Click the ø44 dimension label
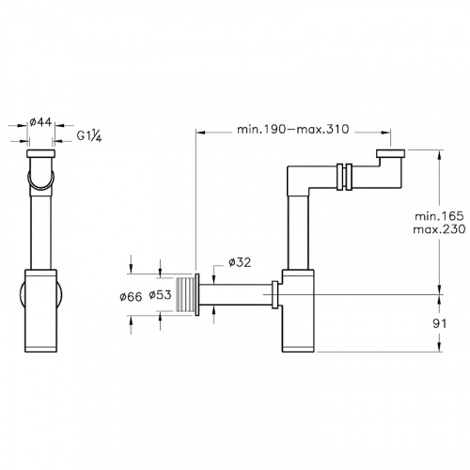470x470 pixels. click(42, 122)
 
